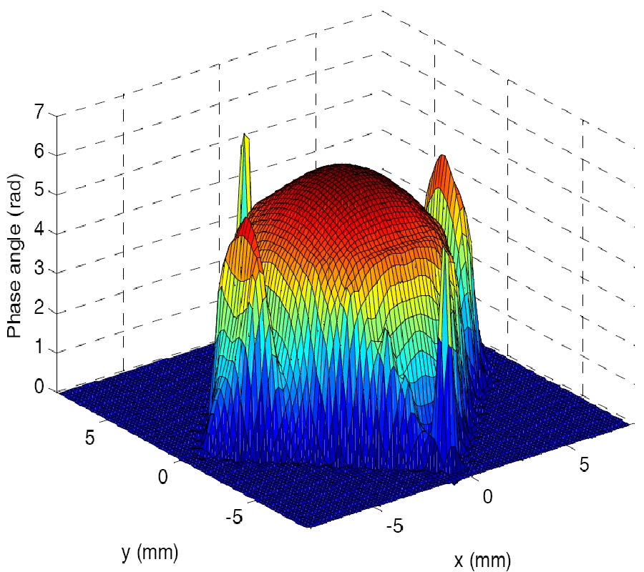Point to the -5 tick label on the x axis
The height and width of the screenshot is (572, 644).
point(394,527)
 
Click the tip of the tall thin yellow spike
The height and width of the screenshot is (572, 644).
point(245,134)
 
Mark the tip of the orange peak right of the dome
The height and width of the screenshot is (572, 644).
point(443,156)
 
